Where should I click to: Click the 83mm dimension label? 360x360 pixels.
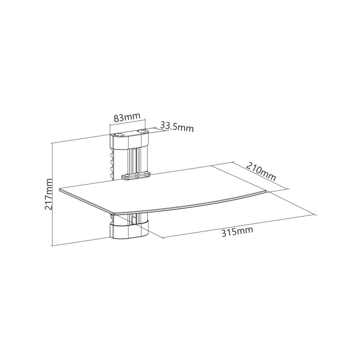(127, 118)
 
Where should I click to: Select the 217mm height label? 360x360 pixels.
(48, 194)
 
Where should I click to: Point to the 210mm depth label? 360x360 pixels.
(261, 171)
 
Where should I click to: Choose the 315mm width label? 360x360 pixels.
(237, 231)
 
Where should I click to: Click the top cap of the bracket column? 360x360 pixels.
(129, 139)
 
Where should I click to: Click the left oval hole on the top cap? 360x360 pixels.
(119, 135)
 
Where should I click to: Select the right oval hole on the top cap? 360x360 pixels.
(141, 131)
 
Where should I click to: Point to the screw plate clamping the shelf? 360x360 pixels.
(135, 176)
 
